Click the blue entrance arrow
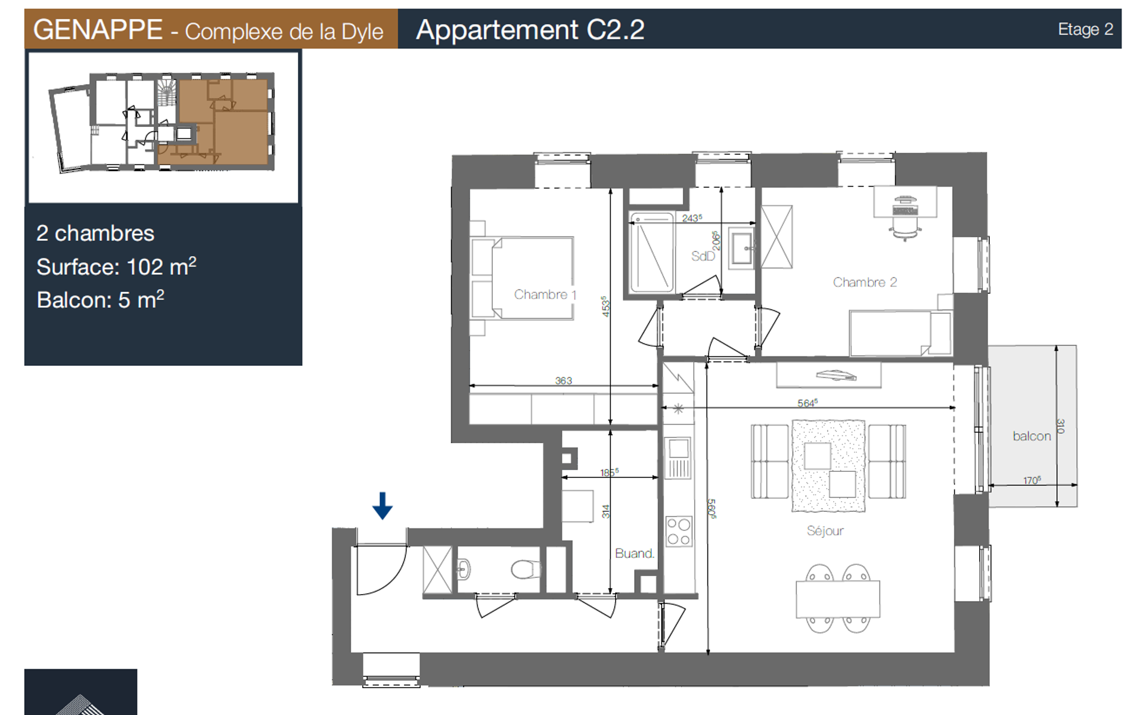382,506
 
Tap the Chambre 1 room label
545,294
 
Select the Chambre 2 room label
865,282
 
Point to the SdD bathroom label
703,256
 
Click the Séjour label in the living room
825,530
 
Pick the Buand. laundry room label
634,553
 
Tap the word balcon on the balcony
1032,436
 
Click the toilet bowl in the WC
524,569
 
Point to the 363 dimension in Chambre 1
563,380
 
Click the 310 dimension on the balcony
1060,426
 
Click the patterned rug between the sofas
828,465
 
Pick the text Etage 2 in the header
1085,29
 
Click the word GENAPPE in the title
98,29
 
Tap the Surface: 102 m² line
116,266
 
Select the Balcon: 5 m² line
100,300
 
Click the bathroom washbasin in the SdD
743,248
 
